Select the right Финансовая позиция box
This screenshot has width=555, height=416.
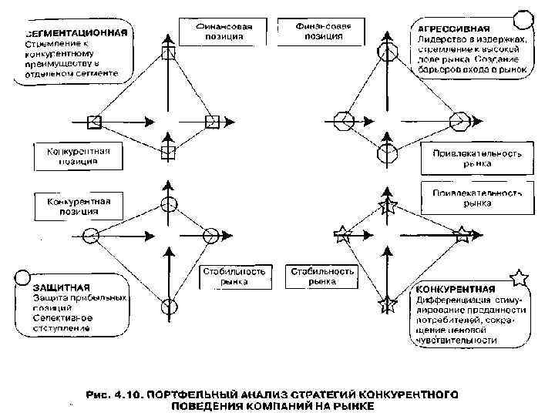pos(323,31)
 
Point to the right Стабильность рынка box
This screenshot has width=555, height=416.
pos(322,277)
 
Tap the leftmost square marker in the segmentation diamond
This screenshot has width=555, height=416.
pos(94,120)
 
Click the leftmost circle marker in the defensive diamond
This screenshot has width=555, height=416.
pos(91,234)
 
